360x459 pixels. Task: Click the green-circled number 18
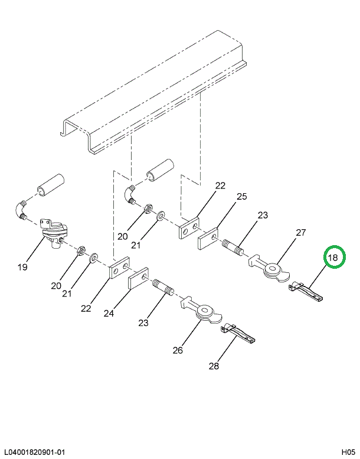click(x=333, y=258)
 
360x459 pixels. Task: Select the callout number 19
click(x=22, y=267)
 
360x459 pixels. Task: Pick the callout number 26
click(x=178, y=351)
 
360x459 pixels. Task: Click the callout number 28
click(x=213, y=366)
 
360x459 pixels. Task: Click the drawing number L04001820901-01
click(x=34, y=452)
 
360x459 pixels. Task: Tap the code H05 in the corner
click(x=347, y=452)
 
